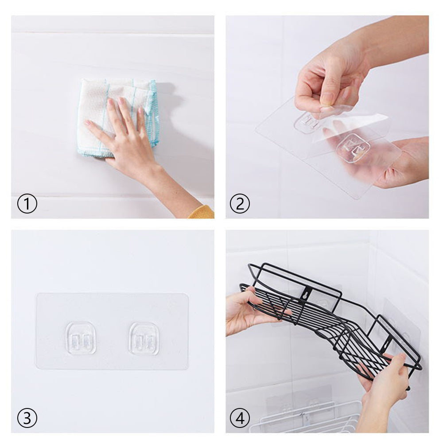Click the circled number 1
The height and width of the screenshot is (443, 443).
27,204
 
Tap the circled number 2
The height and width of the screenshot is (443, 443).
240,204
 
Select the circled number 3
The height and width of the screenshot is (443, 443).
27,418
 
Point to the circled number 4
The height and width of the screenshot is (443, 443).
240,418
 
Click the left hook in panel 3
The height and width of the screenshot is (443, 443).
81,338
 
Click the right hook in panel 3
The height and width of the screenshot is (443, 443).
144,338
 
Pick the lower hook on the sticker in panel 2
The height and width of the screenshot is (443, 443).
353,148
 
